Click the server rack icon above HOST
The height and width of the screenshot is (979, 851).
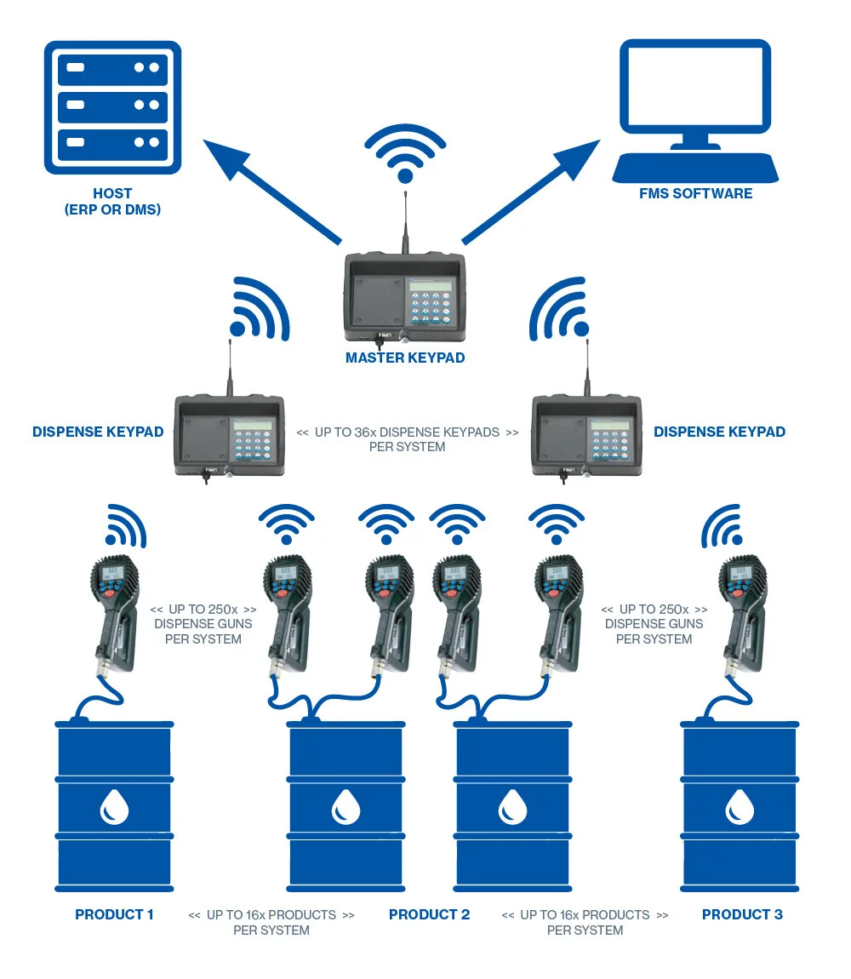(112, 104)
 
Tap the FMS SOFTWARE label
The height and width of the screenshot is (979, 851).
(695, 194)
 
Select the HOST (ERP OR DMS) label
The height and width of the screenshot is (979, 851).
(112, 202)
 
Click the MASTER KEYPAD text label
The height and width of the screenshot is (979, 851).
(405, 358)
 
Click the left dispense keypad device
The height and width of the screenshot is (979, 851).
(227, 434)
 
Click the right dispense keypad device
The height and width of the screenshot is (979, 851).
(585, 434)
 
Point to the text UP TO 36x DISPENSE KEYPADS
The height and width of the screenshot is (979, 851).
(407, 432)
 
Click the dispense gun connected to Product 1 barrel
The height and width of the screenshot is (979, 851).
(116, 613)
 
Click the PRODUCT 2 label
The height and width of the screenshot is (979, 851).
(429, 915)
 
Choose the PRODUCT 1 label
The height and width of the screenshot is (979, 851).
(114, 915)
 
